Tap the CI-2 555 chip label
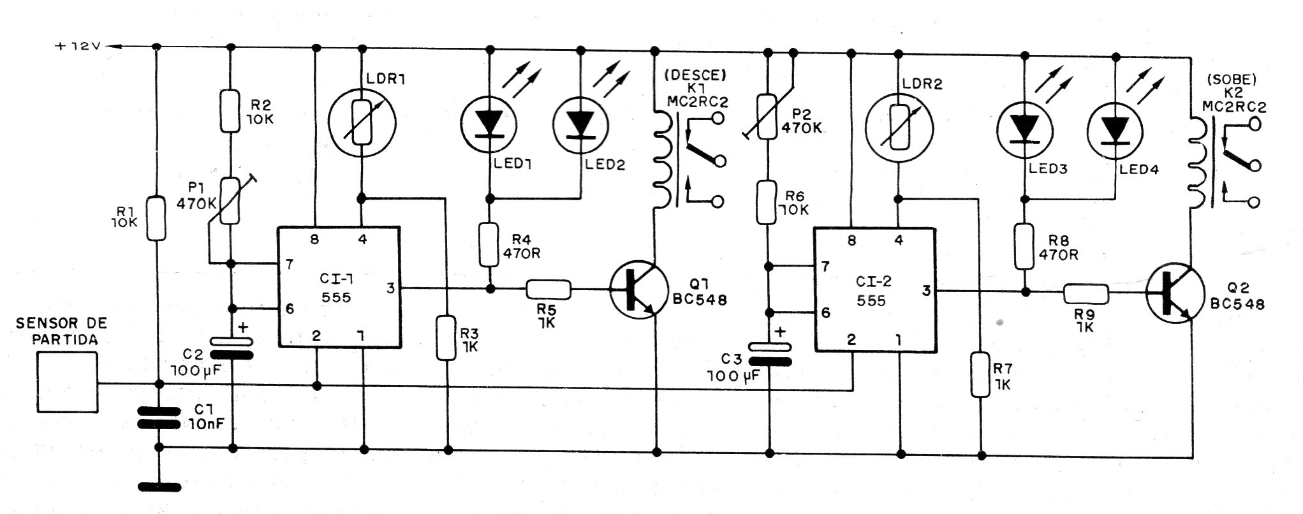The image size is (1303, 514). [872, 291]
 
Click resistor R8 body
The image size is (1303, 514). [1024, 245]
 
